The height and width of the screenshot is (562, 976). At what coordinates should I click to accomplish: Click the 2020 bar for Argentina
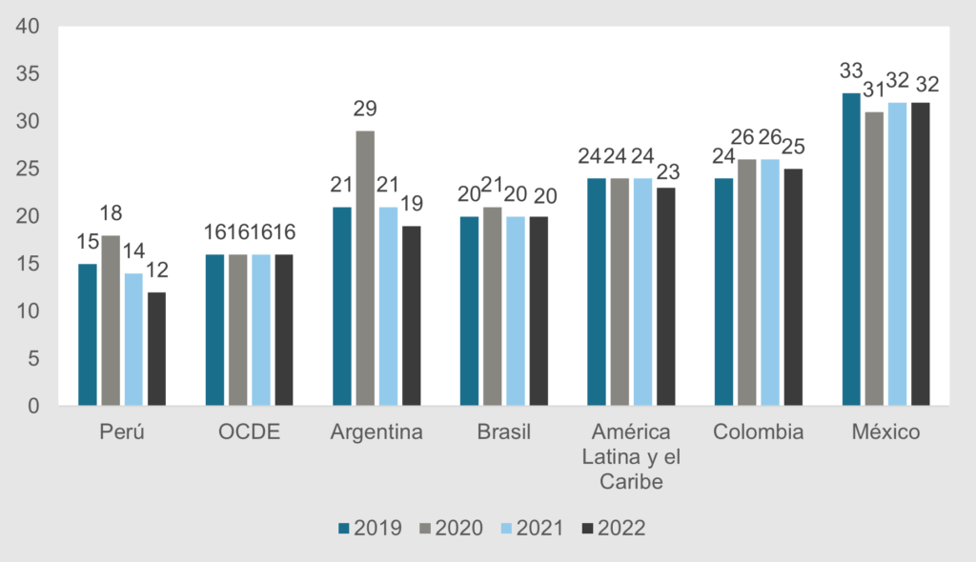(364, 268)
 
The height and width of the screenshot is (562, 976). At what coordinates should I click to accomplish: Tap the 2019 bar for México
(851, 250)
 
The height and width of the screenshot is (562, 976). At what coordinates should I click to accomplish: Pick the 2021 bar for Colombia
(770, 282)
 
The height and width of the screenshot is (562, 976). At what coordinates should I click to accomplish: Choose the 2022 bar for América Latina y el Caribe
(665, 296)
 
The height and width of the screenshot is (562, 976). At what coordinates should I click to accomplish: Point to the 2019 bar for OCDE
(214, 330)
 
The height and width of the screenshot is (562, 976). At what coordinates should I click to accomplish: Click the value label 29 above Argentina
(364, 110)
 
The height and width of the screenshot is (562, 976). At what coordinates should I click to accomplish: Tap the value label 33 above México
(851, 70)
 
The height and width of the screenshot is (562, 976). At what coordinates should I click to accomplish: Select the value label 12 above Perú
(156, 271)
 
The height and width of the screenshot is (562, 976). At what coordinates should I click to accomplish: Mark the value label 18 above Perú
(111, 213)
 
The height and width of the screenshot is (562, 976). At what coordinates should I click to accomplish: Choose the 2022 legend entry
(613, 528)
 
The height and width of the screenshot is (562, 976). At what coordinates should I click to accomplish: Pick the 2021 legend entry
(532, 528)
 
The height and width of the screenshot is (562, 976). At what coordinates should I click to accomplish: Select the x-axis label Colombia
(759, 432)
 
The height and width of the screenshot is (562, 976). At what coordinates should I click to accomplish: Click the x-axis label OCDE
(249, 432)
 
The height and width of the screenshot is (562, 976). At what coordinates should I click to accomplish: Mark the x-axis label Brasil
(503, 432)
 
